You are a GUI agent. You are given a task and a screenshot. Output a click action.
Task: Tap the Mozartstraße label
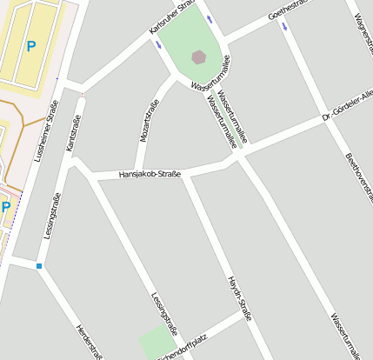148,121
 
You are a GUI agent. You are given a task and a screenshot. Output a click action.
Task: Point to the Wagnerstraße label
362,17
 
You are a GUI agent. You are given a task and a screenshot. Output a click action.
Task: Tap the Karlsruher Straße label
170,18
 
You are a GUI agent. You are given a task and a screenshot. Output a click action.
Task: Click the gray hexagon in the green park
199,57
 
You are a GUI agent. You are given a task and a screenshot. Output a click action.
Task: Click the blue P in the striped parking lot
31,45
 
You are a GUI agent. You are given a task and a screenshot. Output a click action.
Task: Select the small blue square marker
39,266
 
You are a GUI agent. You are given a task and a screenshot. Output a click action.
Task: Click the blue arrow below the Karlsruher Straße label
158,45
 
